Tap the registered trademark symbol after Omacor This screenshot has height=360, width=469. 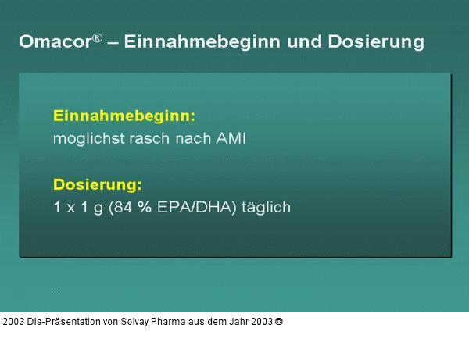(x=97, y=36)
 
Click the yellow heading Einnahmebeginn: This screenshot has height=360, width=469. (x=124, y=116)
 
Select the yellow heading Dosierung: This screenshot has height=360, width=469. (x=97, y=185)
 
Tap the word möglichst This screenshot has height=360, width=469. (x=86, y=139)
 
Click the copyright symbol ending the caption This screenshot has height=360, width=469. (x=279, y=321)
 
